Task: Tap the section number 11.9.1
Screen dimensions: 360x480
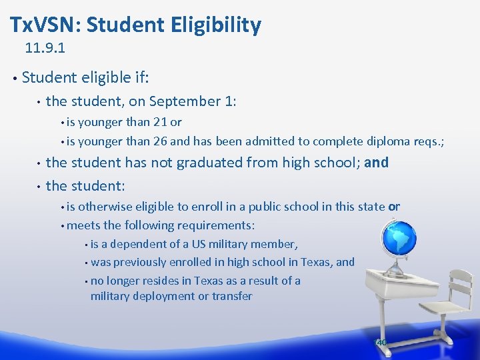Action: pos(45,49)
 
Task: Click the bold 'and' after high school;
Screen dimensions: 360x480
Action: pos(377,162)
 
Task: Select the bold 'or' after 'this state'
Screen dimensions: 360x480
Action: pos(394,207)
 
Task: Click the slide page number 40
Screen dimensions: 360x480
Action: pos(381,343)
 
